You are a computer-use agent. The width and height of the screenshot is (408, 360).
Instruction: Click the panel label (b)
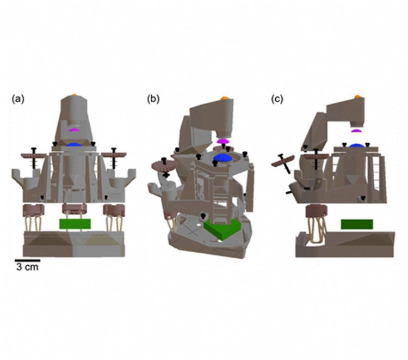tap(153, 99)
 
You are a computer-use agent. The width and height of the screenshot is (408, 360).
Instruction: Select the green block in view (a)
tap(76, 223)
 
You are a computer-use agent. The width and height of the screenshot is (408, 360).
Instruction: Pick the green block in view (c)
tap(356, 224)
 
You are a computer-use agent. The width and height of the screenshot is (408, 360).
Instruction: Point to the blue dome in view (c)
tap(356, 145)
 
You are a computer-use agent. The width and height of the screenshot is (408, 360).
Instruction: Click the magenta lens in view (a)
tap(74, 130)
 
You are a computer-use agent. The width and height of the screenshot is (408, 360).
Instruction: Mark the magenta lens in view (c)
tap(356, 130)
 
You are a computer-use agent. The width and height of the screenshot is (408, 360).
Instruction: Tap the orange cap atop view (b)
tap(224, 98)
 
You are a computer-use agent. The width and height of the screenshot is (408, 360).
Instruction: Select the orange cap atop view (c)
tap(357, 96)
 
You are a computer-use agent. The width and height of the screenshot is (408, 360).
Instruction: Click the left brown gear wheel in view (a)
tap(33, 155)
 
